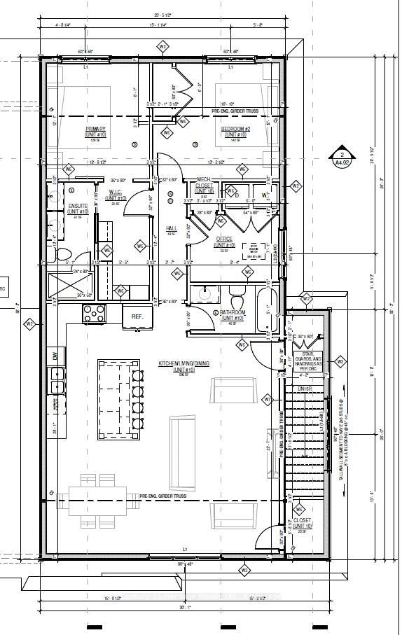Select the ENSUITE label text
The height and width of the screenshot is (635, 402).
coord(77,208)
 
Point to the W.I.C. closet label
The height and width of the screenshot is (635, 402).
coord(116,198)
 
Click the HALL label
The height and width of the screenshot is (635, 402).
coord(171,229)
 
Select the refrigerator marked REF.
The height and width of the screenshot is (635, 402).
coord(137,316)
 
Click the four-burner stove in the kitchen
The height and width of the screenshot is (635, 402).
coord(94,313)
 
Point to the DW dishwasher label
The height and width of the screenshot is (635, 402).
coord(53,356)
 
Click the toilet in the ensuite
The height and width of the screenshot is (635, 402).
coord(62,253)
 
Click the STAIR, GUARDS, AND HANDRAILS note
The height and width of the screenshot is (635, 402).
coord(310,358)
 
